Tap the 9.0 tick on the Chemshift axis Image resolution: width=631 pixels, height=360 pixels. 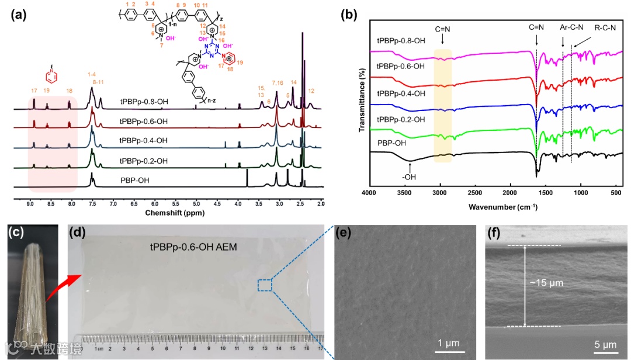pyautogui.click(x=30, y=203)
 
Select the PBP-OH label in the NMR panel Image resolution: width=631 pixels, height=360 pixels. pyautogui.click(x=134, y=180)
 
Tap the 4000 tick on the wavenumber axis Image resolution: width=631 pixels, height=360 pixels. pyautogui.click(x=369, y=193)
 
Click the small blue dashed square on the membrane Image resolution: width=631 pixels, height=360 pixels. pyautogui.click(x=265, y=285)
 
